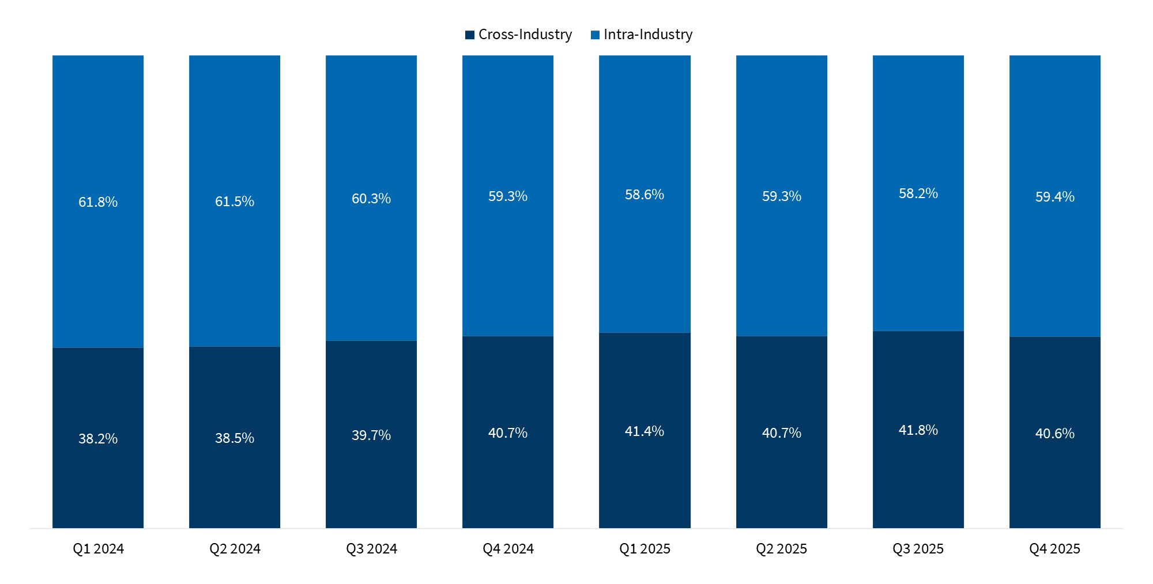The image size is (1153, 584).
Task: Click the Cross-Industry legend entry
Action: [519, 35]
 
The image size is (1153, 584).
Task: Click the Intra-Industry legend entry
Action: [642, 35]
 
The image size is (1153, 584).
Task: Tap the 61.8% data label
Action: [98, 202]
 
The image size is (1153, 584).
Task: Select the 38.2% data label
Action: [98, 439]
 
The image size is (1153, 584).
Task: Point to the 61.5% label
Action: [235, 202]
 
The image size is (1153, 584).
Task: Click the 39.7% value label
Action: [371, 435]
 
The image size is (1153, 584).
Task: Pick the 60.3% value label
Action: [371, 199]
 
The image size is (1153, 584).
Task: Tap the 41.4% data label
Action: [645, 431]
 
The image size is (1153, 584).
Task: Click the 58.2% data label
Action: [918, 194]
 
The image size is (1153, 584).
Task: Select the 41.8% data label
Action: [918, 430]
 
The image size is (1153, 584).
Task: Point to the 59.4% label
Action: [1055, 197]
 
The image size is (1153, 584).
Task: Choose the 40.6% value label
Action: [1055, 434]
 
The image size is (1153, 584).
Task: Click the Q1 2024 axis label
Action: [98, 549]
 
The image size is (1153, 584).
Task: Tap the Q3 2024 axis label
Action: [371, 549]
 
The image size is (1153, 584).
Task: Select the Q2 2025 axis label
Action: [782, 549]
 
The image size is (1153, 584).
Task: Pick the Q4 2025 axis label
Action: [1055, 549]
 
